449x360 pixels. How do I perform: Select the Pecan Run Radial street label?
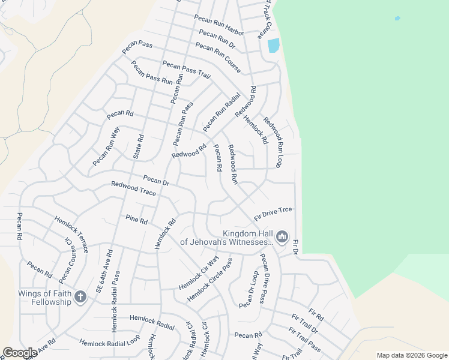pos(221,112)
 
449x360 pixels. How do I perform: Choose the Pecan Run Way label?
pos(106,147)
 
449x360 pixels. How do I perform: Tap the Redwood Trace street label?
pos(133,189)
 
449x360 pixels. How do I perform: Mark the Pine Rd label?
pos(136,220)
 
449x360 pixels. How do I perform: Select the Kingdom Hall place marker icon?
pos(282,238)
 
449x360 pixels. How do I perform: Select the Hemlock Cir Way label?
pos(199,273)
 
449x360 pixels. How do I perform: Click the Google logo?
pos(20,353)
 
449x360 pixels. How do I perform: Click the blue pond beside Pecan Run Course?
pos(273,46)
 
